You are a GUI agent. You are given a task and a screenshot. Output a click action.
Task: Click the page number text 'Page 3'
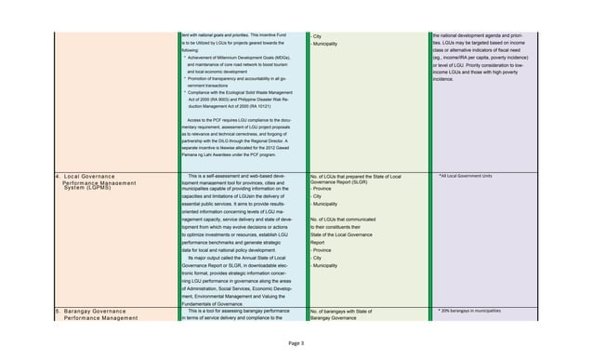pyautogui.click(x=296, y=343)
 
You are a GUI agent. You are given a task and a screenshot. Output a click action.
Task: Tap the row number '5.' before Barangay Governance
pyautogui.click(x=57, y=309)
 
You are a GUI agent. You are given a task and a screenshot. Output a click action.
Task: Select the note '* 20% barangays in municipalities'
pyautogui.click(x=475, y=309)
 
